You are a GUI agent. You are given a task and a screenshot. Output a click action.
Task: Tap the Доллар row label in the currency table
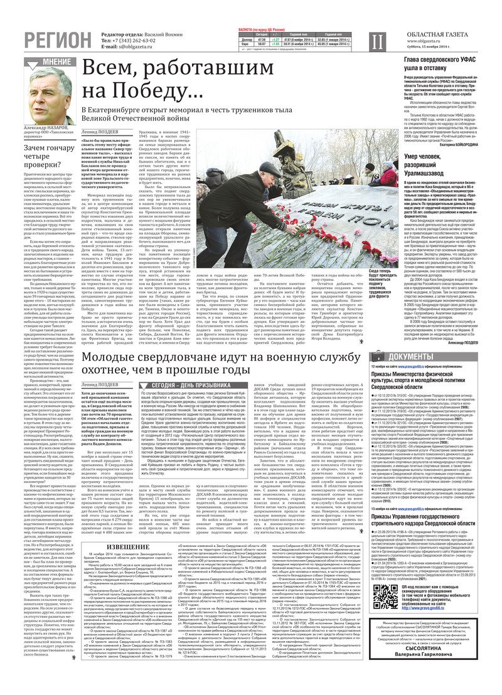click(x=247, y=40)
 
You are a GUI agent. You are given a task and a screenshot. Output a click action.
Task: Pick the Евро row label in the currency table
click(x=246, y=45)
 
